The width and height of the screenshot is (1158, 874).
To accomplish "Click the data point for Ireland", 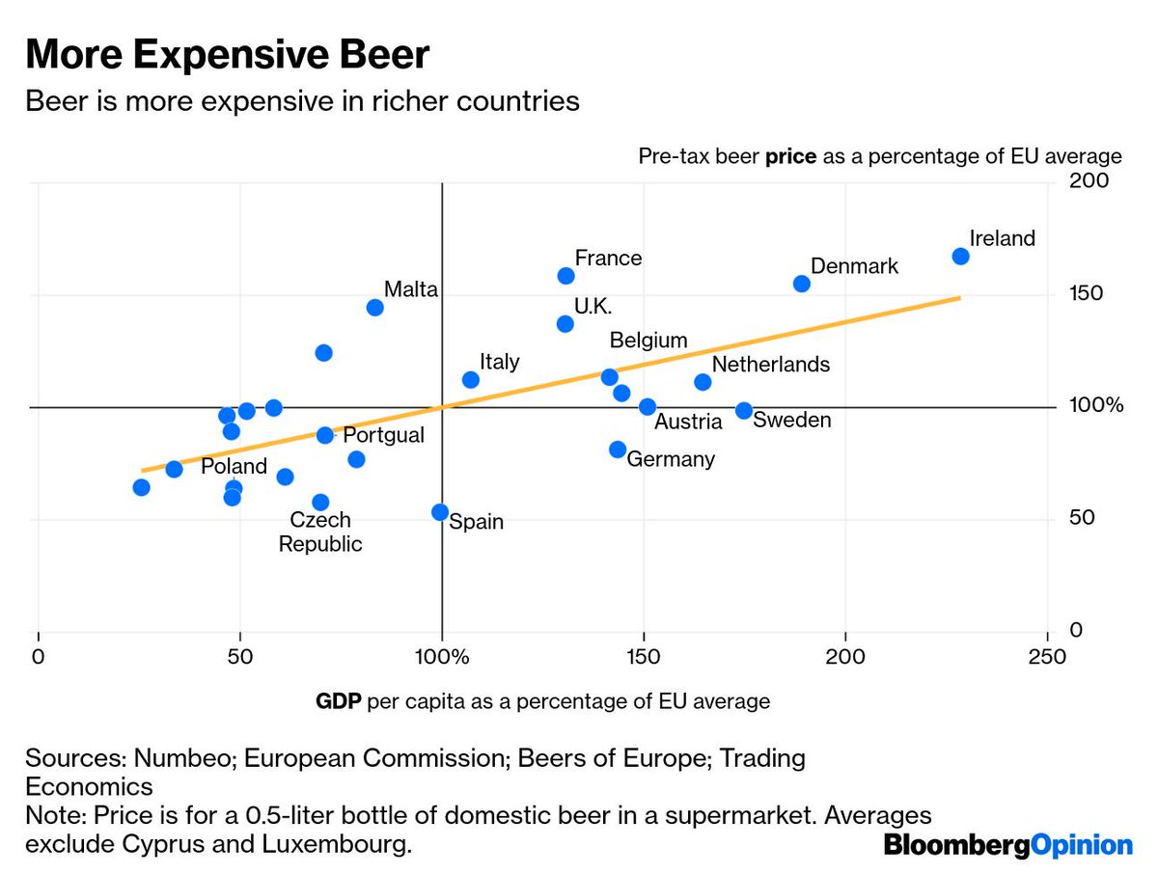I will point(960,256).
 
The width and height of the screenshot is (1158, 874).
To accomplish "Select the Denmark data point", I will point(801,284).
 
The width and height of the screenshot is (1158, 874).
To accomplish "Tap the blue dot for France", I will point(565,276).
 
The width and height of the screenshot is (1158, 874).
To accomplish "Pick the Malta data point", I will point(375,308).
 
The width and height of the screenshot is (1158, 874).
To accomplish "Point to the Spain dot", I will point(440,512).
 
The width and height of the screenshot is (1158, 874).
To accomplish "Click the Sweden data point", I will point(744,411).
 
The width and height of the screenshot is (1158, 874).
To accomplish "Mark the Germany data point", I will point(618,450).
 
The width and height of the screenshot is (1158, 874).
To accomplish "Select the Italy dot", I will point(471,380).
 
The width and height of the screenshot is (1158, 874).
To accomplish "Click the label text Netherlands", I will point(770,365).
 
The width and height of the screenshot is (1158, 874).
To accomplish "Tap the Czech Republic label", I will point(320,533).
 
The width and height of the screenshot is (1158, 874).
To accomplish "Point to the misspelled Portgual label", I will point(383,435).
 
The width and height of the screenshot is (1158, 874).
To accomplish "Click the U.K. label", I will point(593,306).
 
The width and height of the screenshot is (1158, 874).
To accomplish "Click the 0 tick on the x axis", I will point(39,658).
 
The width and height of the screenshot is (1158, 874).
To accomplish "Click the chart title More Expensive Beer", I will point(227,56).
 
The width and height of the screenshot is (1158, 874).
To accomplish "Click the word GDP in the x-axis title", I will point(338,701).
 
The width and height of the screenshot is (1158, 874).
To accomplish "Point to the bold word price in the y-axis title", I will point(790,156).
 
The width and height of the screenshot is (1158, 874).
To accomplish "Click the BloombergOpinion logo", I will point(1008,846).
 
